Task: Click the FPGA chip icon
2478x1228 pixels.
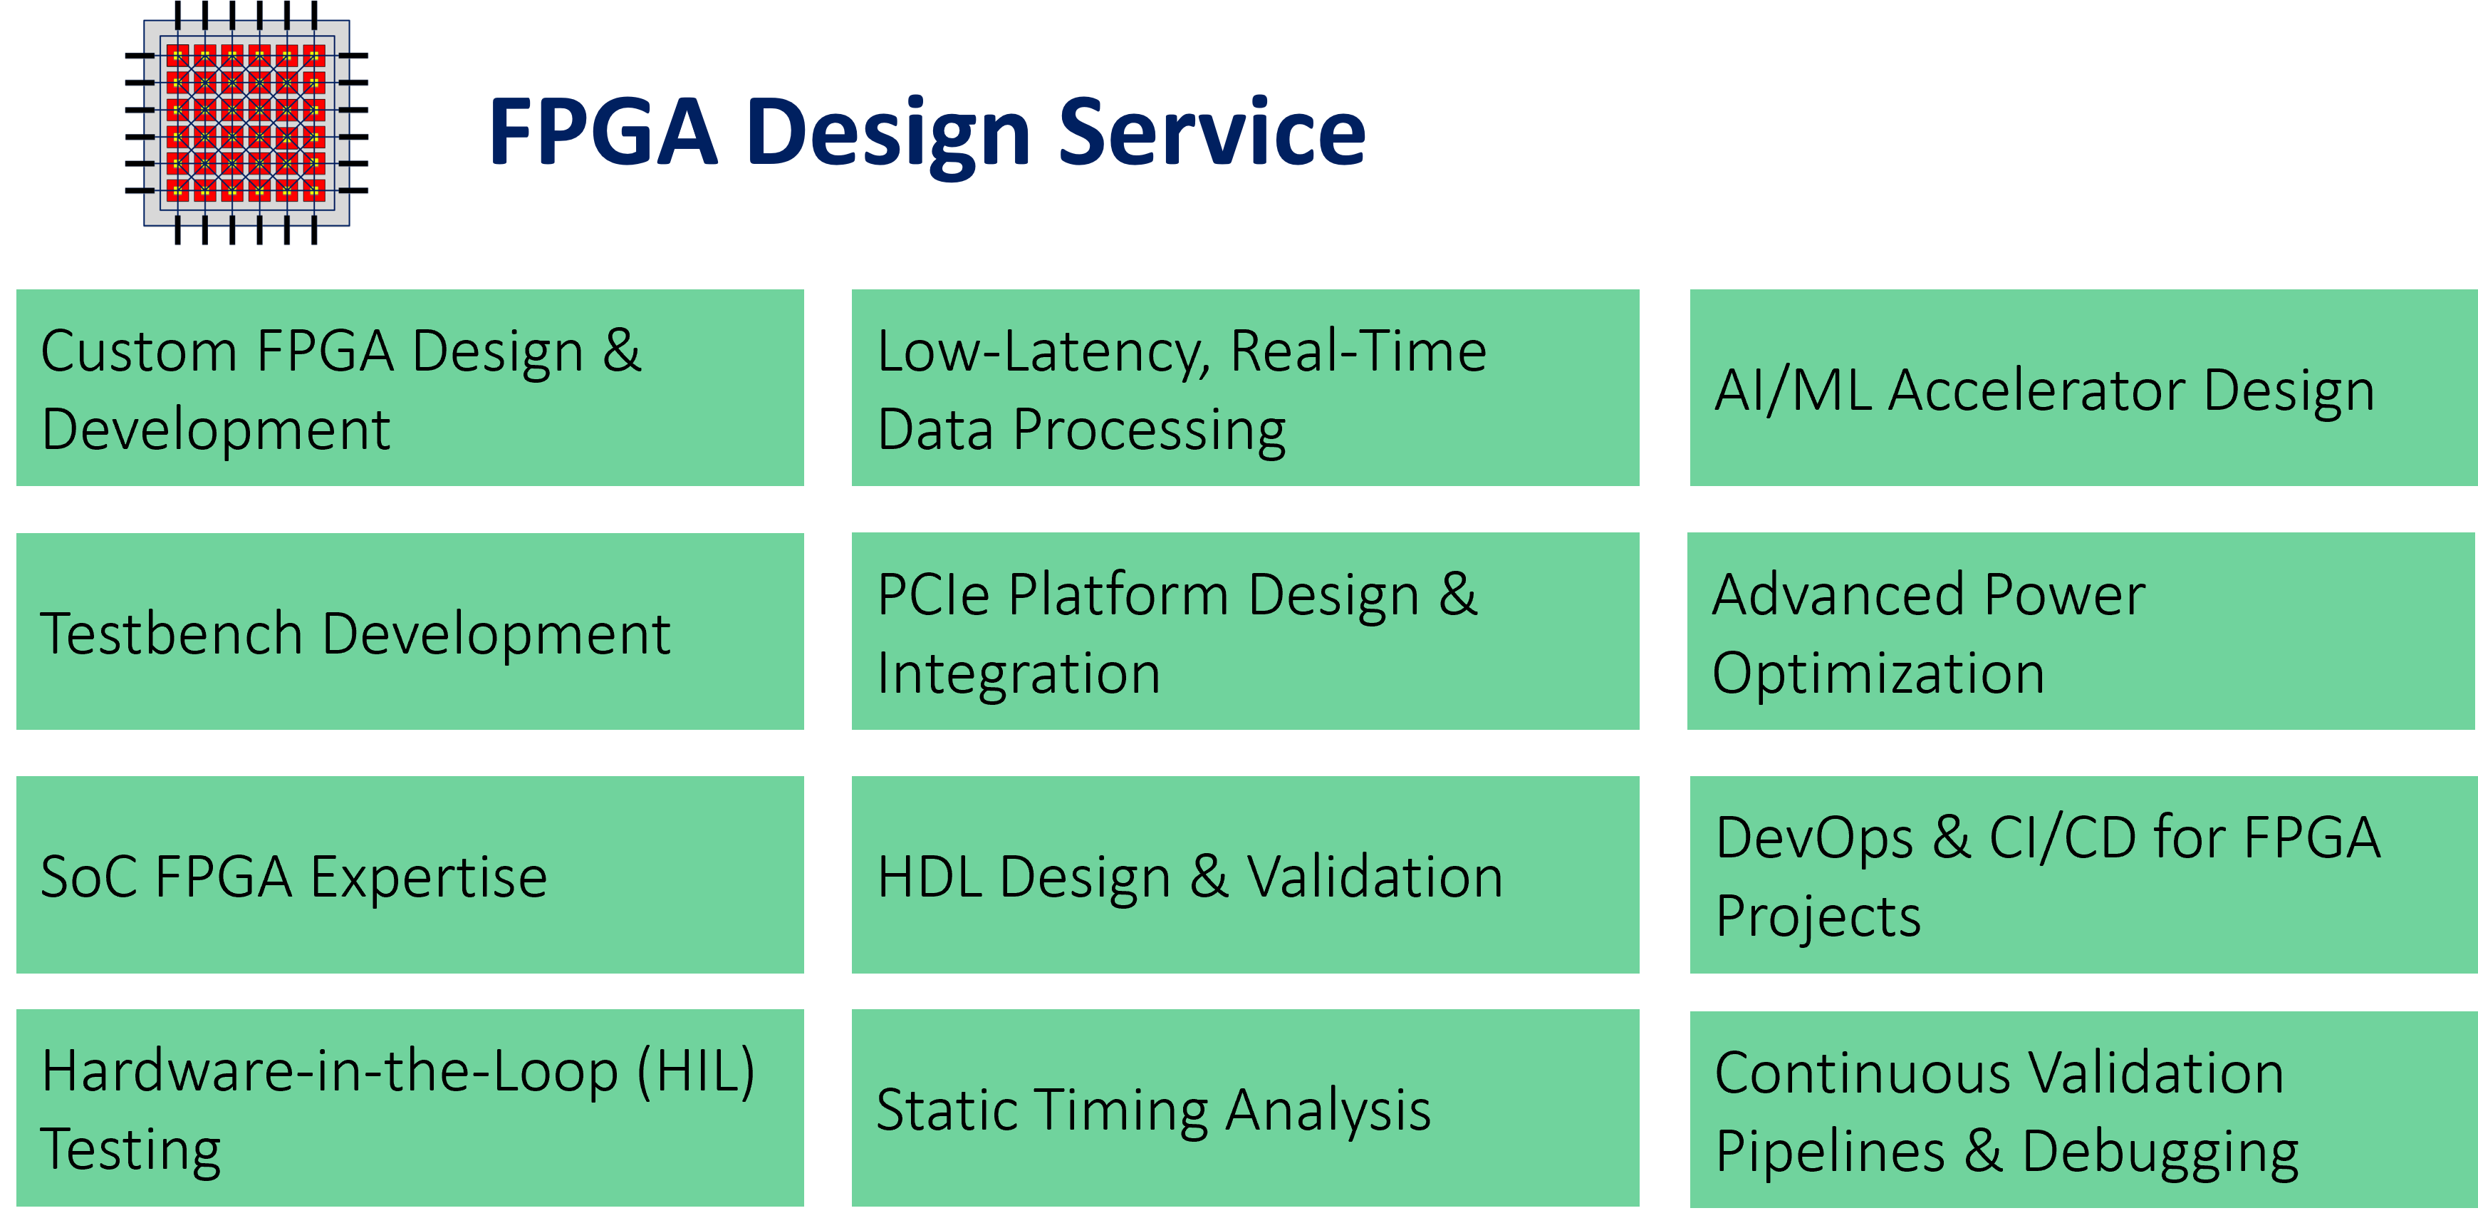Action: coord(247,123)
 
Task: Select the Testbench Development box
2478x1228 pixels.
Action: coord(410,631)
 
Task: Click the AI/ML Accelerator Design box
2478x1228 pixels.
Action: coord(2083,388)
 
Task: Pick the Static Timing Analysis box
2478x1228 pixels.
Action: coord(1245,1108)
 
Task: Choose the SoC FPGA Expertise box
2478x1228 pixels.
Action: coord(410,874)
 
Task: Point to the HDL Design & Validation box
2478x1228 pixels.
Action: coord(1245,874)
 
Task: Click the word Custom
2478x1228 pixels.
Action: coord(137,351)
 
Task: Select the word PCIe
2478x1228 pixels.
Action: coord(933,594)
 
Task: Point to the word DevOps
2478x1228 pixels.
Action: coord(1814,837)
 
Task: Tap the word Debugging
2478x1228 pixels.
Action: coord(2160,1151)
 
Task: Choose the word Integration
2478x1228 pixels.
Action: coord(1019,673)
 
